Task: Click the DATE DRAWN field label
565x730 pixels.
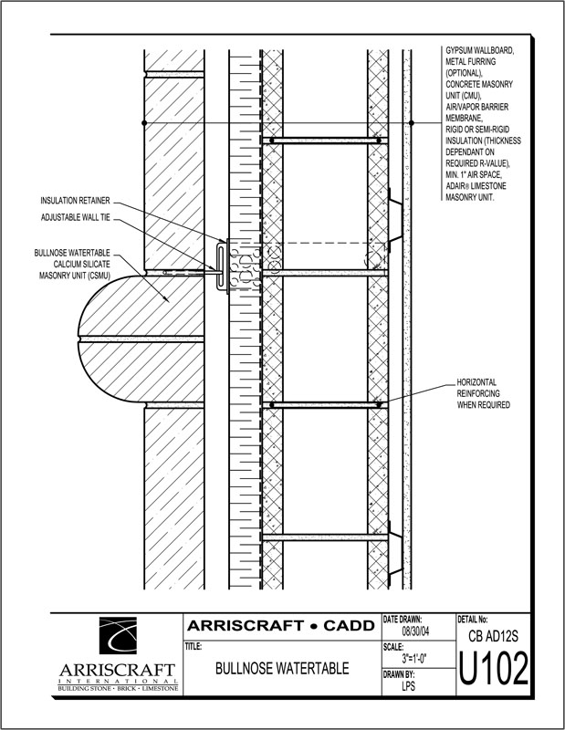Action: pos(403,619)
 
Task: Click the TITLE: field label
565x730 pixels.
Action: pos(194,645)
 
